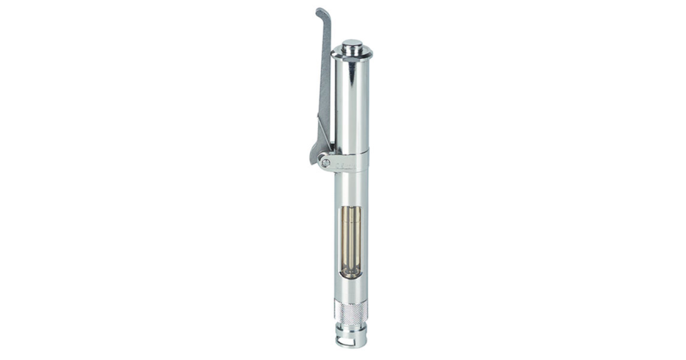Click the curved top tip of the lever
(x=321, y=11)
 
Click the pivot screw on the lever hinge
(x=326, y=163)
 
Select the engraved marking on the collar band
(x=346, y=166)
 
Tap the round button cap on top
(x=352, y=43)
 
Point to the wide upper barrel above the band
(x=352, y=103)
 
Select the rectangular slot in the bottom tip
(x=350, y=343)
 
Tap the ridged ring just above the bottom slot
(x=350, y=335)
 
